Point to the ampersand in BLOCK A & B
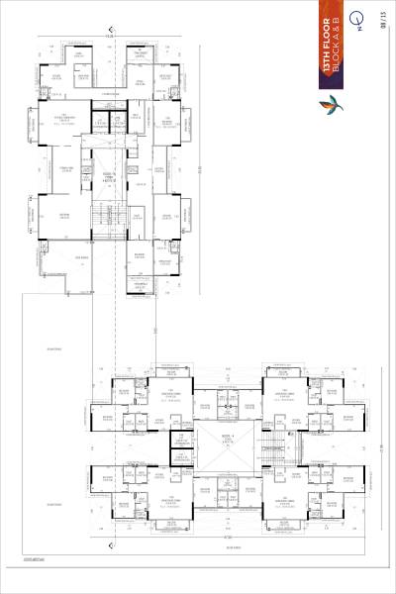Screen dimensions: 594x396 click(x=338, y=25)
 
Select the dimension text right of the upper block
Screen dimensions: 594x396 click(x=199, y=169)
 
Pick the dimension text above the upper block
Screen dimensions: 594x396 click(x=109, y=33)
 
